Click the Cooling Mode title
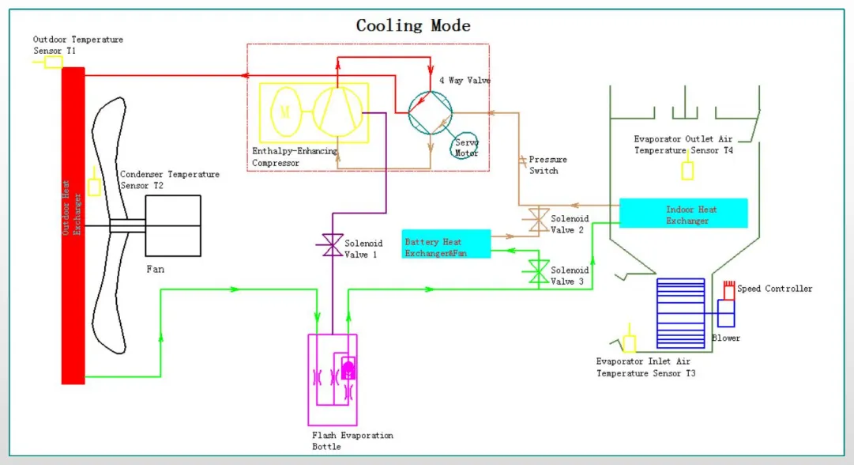tap(413, 25)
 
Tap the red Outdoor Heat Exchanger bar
tap(73, 225)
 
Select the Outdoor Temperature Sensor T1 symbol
tap(53, 61)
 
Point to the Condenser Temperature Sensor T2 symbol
tap(95, 187)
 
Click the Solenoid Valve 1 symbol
tap(329, 248)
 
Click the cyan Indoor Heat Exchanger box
tap(683, 214)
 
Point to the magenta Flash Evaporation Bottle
tap(332, 369)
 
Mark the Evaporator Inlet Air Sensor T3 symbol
tap(630, 343)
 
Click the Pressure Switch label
tap(547, 164)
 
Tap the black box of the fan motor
tap(172, 225)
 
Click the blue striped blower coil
tap(680, 313)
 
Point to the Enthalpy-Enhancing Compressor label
tap(294, 157)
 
